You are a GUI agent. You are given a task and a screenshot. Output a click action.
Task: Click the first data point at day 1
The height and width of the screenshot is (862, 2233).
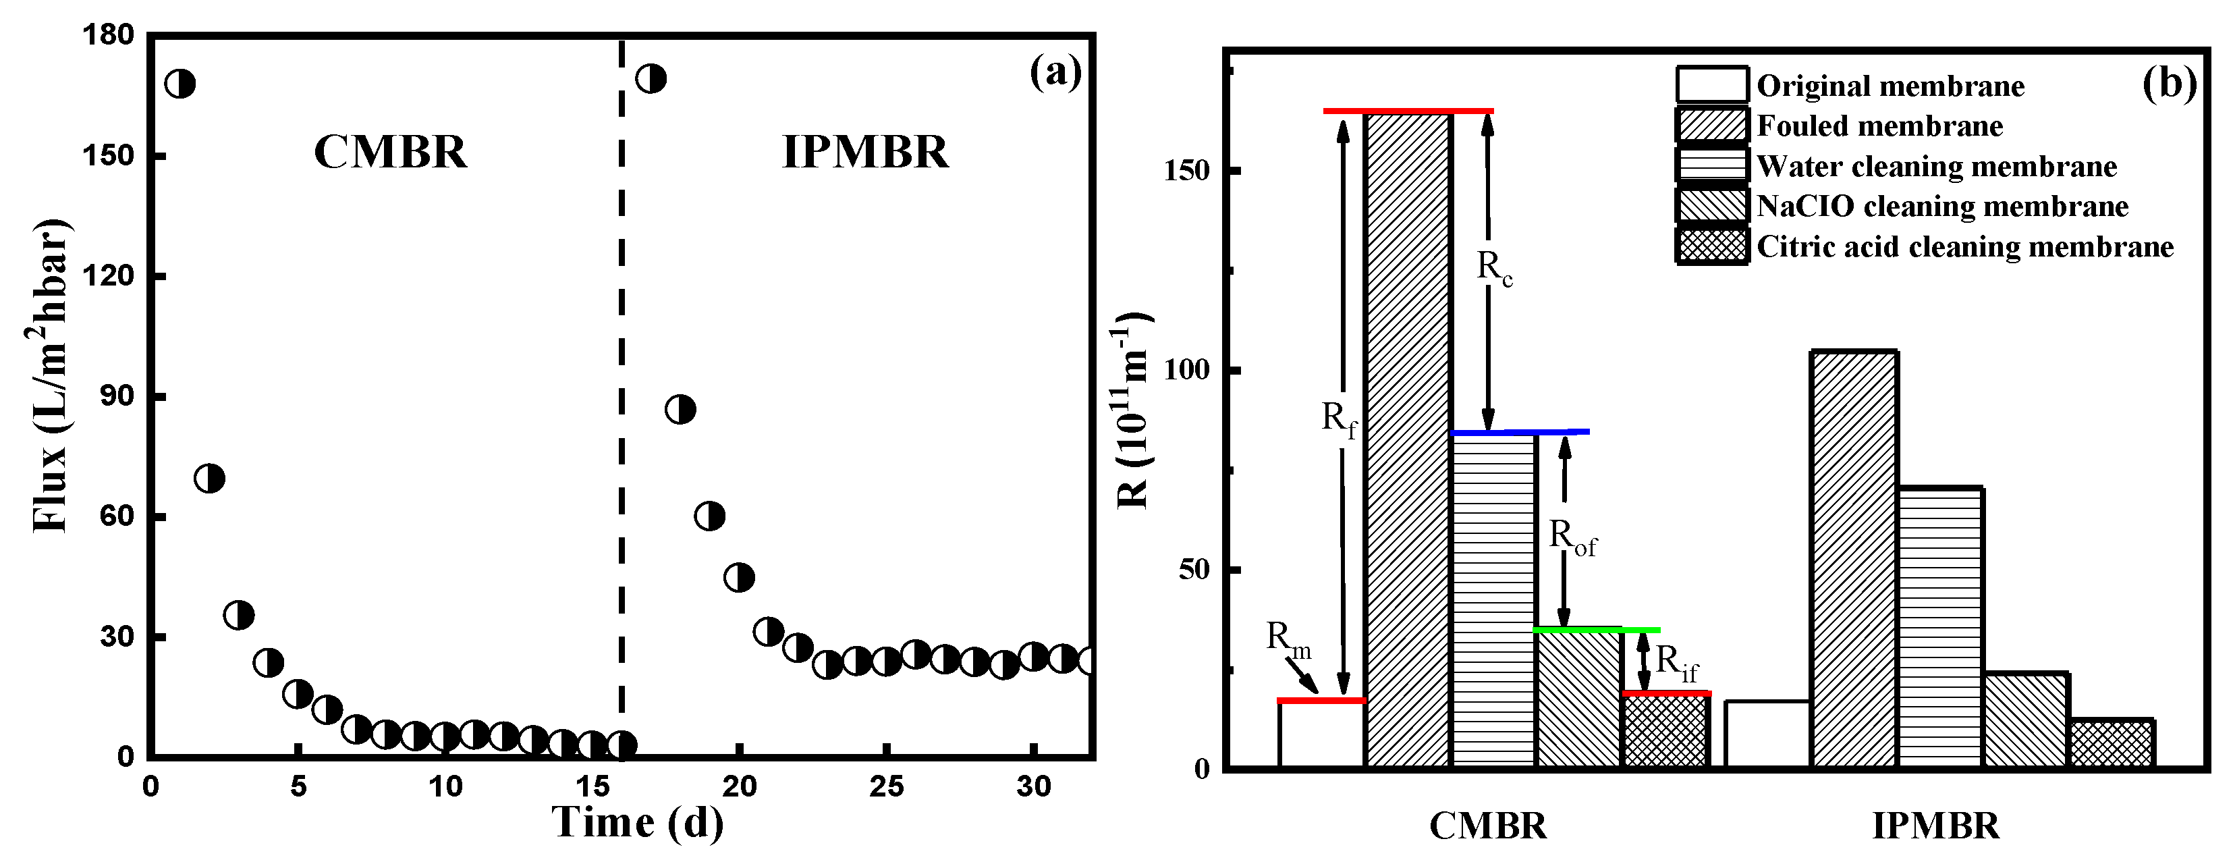click(x=180, y=84)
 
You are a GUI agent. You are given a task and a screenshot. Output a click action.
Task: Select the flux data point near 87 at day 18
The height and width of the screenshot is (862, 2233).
click(x=680, y=409)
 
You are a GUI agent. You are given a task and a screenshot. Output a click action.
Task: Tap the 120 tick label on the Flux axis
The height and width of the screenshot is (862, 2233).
click(x=109, y=276)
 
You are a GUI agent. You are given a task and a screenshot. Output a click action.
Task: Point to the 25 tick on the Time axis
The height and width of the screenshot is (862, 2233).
click(x=886, y=786)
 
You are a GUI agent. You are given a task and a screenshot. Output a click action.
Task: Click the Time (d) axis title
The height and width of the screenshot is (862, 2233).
click(x=638, y=822)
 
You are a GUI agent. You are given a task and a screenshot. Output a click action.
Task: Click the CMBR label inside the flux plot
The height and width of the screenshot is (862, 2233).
click(x=390, y=152)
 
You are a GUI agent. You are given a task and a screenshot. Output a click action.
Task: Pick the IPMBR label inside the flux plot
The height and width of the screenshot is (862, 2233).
click(x=865, y=152)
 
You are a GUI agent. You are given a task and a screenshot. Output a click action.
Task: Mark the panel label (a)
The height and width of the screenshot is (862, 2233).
click(x=1055, y=71)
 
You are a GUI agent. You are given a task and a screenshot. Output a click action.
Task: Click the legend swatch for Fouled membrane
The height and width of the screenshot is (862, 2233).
click(x=1711, y=126)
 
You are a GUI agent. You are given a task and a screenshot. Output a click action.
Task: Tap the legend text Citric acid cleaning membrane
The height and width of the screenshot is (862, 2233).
click(x=1965, y=247)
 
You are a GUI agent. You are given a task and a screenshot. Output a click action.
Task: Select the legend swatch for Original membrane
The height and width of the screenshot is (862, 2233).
click(x=1711, y=85)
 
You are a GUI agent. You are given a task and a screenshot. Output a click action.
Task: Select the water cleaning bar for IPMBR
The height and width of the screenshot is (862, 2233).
click(x=1940, y=628)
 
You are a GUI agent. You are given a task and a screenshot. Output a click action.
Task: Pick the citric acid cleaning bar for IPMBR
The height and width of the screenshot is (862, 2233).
click(x=2111, y=744)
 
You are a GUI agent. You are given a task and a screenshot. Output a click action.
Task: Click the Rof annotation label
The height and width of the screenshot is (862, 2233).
click(x=1572, y=538)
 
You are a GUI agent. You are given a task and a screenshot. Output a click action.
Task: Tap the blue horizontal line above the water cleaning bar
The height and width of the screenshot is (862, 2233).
click(x=1520, y=432)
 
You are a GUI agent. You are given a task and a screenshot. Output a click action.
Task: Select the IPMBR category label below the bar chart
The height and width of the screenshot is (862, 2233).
click(x=1935, y=826)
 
